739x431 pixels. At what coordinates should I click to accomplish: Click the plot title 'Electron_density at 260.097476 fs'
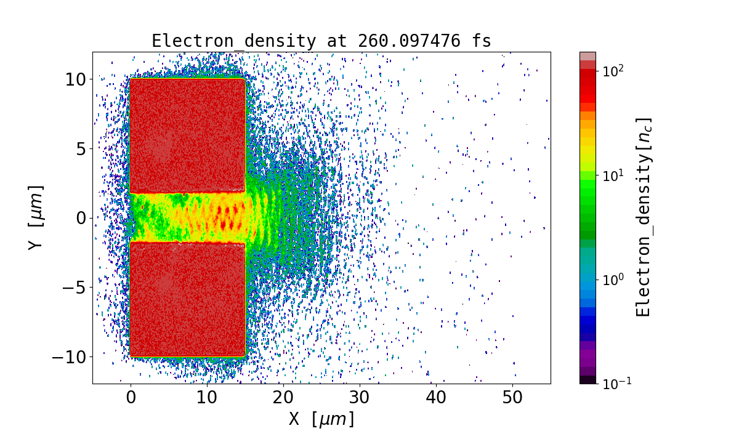coord(321,41)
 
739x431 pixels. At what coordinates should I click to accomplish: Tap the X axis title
coord(321,419)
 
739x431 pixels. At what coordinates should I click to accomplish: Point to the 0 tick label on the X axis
coord(131,398)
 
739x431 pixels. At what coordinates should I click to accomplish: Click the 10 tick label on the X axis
coord(207,398)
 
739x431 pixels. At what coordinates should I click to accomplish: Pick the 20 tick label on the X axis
coord(283,398)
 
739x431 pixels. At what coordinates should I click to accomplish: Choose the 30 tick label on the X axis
coord(360,398)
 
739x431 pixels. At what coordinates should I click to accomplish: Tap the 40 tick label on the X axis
coord(436,398)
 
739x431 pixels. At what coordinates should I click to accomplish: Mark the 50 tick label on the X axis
coord(512,398)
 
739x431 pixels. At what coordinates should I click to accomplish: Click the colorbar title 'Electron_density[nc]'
coord(644,217)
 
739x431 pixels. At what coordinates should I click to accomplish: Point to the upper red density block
coord(188,135)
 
